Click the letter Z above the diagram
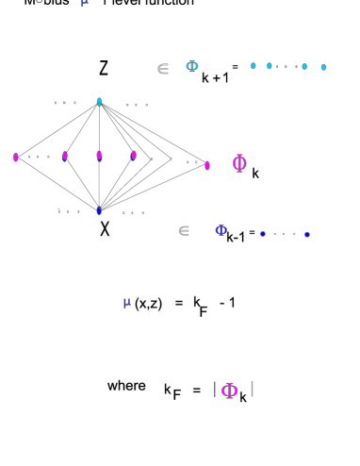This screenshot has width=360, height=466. [104, 68]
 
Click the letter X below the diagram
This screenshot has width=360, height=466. [105, 227]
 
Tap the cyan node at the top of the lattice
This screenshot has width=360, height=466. [99, 101]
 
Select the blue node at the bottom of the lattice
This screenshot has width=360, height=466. [99, 210]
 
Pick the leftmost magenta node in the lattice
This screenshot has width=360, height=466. [16, 157]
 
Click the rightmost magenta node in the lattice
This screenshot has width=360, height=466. [207, 165]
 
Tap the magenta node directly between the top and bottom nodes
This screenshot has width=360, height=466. [99, 156]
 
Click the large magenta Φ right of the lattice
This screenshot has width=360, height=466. [240, 163]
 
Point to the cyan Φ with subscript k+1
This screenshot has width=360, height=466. [191, 66]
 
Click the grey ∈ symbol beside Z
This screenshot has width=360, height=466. [162, 68]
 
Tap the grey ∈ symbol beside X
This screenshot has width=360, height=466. [184, 229]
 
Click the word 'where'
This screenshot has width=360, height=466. [126, 386]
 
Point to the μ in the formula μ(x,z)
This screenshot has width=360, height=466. [127, 302]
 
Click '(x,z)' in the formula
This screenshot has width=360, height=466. [149, 303]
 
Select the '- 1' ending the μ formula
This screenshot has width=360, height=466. [226, 303]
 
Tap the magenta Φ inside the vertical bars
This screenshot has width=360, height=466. [227, 390]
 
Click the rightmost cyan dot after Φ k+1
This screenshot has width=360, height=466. [323, 67]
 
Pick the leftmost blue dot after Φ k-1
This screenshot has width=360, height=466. [263, 233]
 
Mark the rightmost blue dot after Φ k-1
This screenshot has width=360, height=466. [307, 234]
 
